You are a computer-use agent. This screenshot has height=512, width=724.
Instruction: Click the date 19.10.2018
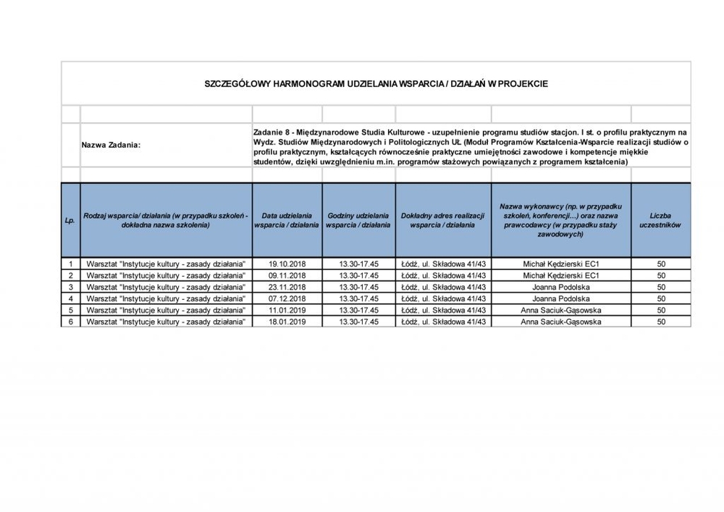click(287, 264)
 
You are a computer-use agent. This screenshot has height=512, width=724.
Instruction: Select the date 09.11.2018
click(287, 276)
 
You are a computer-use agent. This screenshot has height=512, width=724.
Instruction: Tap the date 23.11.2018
click(287, 287)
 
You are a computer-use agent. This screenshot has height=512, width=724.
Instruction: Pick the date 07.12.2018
click(287, 298)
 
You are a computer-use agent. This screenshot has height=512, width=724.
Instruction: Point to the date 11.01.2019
click(287, 310)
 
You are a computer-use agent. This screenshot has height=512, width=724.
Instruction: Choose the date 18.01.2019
click(287, 322)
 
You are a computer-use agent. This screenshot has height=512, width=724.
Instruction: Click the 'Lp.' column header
click(70, 221)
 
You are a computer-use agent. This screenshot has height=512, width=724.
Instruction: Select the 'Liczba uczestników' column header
click(660, 221)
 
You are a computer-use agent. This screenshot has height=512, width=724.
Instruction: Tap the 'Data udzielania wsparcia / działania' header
click(287, 221)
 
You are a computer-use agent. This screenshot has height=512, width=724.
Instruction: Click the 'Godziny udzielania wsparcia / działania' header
click(358, 221)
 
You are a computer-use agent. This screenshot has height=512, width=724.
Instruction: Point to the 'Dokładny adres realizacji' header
click(442, 221)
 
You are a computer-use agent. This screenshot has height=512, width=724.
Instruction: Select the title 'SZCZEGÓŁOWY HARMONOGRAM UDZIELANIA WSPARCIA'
click(376, 84)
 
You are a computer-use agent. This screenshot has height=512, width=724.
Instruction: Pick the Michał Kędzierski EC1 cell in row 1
click(560, 264)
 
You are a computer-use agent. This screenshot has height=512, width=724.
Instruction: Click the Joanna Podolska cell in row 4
click(560, 298)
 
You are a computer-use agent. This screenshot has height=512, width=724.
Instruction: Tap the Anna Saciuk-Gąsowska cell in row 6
click(560, 322)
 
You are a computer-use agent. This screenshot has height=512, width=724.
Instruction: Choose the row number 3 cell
click(70, 287)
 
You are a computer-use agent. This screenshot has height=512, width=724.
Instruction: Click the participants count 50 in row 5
click(660, 310)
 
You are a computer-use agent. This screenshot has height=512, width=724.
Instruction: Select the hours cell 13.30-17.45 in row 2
click(359, 276)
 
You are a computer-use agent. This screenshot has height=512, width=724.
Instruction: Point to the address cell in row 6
click(442, 322)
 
